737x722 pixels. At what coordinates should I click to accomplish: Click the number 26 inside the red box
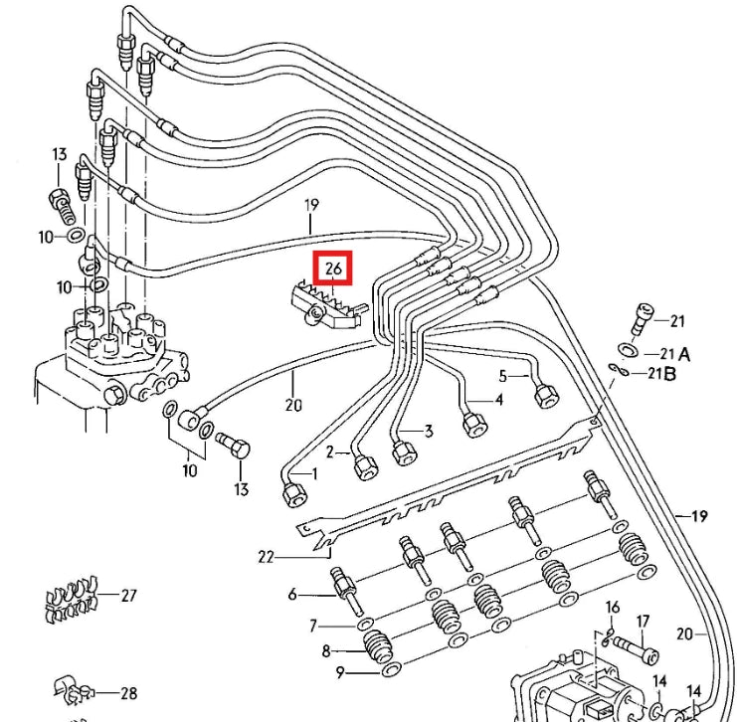coord(332,269)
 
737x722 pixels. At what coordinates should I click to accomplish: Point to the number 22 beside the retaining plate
coord(266,557)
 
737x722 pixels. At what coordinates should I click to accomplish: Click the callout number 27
coord(128,596)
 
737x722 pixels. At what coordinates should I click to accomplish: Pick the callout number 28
coord(128,693)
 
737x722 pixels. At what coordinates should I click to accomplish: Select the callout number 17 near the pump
coord(643,622)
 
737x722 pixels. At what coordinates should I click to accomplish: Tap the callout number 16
coord(613,607)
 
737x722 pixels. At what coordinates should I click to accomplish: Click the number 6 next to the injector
coord(292,595)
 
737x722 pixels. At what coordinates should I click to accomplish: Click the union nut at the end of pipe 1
coord(293,492)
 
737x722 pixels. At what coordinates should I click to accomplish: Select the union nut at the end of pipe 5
coord(545,395)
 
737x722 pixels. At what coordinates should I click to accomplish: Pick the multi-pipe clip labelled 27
coord(72,598)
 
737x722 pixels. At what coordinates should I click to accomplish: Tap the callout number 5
coord(503,376)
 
